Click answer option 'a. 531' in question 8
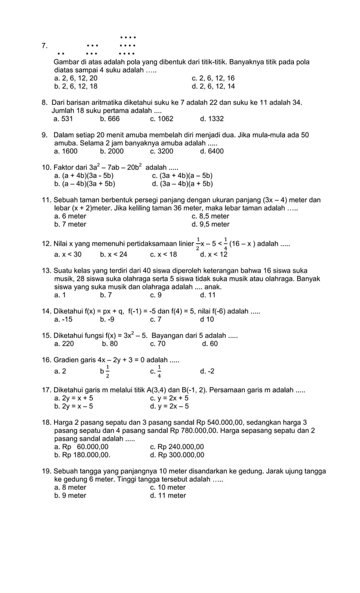(x=63, y=119)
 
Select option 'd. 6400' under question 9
(x=212, y=151)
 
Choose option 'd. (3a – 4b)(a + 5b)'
(x=182, y=183)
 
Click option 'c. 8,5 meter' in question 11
(x=210, y=216)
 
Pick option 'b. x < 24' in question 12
(x=113, y=254)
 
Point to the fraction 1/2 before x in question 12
(x=197, y=243)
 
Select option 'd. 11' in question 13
(x=208, y=295)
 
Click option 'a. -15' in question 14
(x=63, y=319)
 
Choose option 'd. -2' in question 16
(x=207, y=371)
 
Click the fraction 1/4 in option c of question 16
(x=159, y=371)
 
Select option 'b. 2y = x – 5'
(x=73, y=406)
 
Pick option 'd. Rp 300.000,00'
(x=177, y=455)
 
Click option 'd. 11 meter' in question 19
(x=168, y=495)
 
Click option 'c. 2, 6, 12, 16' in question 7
(x=213, y=78)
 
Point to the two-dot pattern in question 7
(x=61, y=54)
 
